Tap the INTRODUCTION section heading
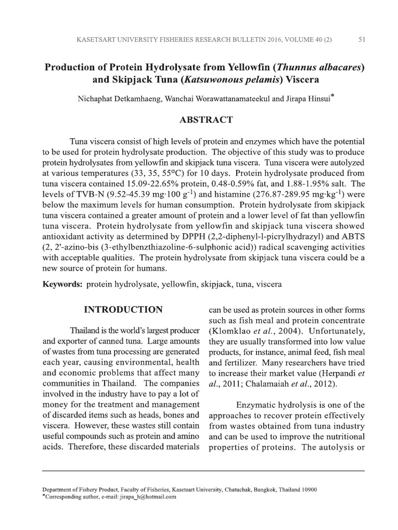pyautogui.click(x=123, y=310)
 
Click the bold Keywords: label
pyautogui.click(x=62, y=285)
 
